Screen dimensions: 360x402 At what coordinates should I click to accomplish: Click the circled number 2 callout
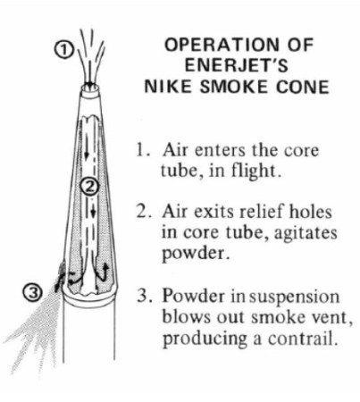[x=88, y=188]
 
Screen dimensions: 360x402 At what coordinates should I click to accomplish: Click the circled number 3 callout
[x=34, y=293]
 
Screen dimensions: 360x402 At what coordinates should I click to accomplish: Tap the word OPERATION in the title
[x=222, y=45]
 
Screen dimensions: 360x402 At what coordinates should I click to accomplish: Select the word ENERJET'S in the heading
[x=237, y=65]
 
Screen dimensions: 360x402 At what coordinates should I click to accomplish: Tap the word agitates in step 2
[x=306, y=233]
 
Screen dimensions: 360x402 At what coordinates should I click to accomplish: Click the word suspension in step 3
[x=294, y=297]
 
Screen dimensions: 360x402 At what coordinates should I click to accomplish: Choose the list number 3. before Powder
[x=145, y=297]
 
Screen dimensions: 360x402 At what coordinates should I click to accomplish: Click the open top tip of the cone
[x=90, y=88]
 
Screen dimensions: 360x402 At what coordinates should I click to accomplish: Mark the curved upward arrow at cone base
[x=103, y=271]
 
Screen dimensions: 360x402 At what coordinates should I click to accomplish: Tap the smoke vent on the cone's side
[x=61, y=270]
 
